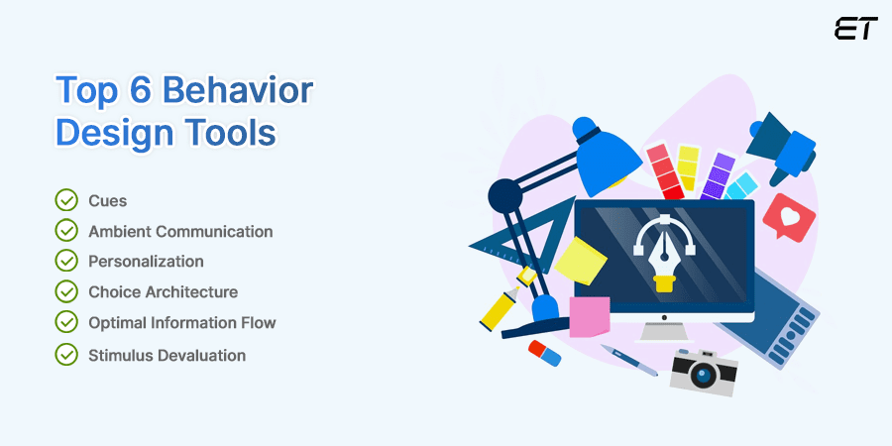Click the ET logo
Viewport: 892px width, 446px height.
[855, 29]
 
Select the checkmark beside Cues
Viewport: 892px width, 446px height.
[66, 200]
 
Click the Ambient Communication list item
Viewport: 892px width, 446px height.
[180, 231]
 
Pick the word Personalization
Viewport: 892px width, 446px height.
[146, 262]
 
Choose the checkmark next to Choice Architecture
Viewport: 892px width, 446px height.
[66, 292]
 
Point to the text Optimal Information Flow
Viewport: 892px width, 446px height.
[181, 323]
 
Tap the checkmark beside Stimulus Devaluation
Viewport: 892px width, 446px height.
[66, 354]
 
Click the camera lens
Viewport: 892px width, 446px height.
[705, 373]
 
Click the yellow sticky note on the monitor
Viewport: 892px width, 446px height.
[581, 261]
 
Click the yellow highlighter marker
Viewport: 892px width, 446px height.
[501, 305]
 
